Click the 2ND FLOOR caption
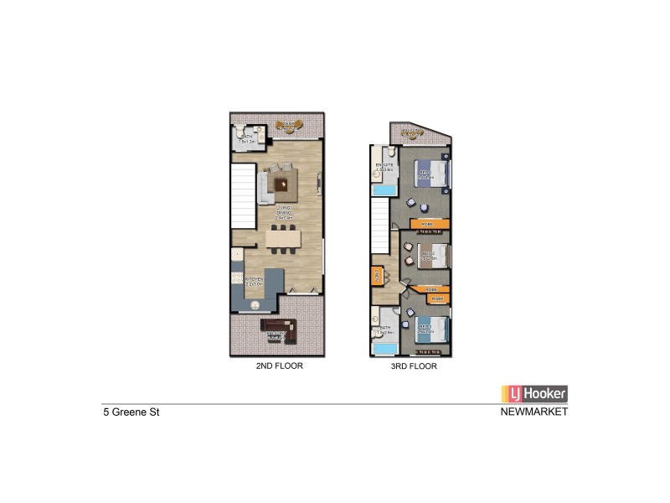(x=279, y=366)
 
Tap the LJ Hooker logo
(x=534, y=393)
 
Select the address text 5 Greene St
(x=126, y=412)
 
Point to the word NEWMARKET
(x=533, y=412)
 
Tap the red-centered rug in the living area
(x=279, y=179)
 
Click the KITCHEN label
(x=254, y=279)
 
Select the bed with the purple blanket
(x=434, y=174)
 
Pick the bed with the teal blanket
(x=433, y=329)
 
